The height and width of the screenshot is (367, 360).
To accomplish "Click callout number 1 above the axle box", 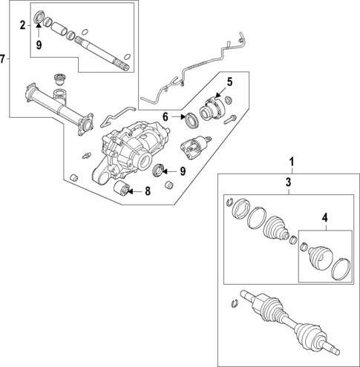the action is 292,162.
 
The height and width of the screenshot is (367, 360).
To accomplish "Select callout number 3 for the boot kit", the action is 289,182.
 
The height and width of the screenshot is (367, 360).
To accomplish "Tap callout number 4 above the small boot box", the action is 324,218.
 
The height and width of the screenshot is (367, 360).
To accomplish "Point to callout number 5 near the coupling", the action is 230,82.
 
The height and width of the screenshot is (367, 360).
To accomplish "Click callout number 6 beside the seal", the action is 166,116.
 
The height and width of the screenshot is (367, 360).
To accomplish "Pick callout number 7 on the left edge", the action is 2,59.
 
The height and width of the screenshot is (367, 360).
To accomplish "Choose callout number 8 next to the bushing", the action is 148,191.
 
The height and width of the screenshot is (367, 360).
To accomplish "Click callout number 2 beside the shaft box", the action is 23,25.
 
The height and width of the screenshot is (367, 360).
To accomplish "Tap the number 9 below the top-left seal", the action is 39,45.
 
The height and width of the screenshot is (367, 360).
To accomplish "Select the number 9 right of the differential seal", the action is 183,171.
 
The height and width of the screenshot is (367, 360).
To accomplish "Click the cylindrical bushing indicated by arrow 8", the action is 121,188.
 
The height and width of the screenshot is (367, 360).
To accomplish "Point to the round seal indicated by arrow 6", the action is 192,120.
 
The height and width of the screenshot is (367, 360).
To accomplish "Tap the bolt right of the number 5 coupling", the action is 230,119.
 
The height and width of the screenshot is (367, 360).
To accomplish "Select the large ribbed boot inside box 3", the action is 276,229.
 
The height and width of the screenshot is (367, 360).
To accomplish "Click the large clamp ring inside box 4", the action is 341,269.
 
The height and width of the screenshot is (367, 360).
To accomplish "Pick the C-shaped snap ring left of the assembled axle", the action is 235,303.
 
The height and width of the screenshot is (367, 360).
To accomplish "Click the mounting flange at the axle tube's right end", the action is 85,125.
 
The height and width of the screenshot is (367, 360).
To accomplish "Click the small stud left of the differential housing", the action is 86,156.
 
